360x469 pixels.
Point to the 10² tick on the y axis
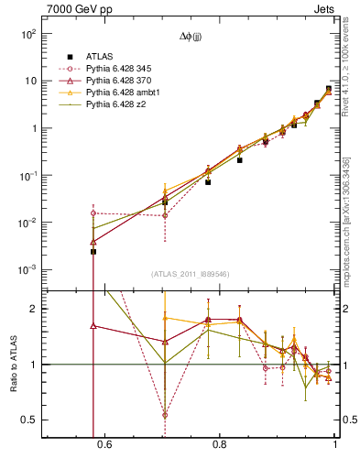click(x=28, y=34)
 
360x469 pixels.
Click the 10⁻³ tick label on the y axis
click(x=27, y=270)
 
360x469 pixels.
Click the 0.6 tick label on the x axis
click(x=104, y=446)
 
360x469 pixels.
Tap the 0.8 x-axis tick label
click(x=219, y=446)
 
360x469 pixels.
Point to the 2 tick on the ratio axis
click(x=33, y=310)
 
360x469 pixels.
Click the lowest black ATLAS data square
click(x=93, y=251)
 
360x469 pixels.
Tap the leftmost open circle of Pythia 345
click(x=93, y=213)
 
